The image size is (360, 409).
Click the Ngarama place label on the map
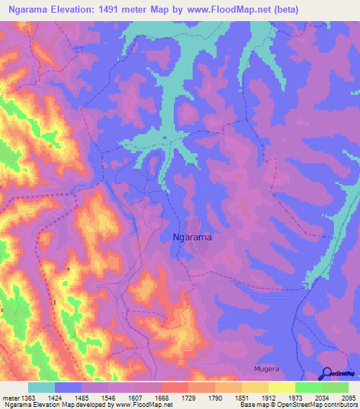[192, 238]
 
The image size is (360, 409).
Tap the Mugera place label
[266, 368]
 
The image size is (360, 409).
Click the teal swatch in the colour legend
[41, 387]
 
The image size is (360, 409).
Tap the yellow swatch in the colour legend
[281, 387]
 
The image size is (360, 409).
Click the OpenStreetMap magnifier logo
[326, 374]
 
